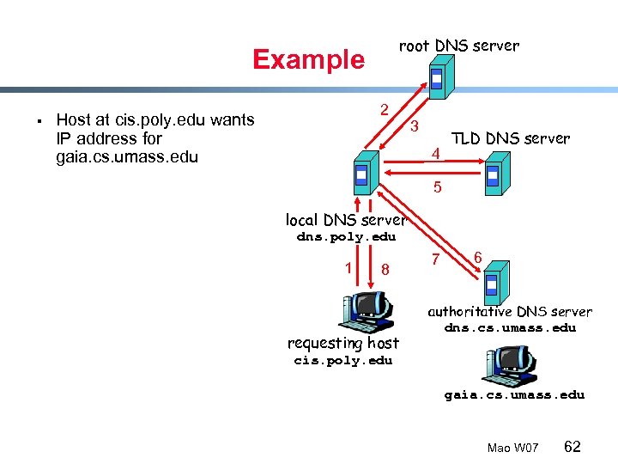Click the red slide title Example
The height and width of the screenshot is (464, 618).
pos(308,59)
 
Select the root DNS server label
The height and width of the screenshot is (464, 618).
pos(458,46)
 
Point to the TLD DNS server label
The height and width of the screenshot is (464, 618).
pos(510,138)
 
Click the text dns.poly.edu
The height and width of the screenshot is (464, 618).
pos(346,237)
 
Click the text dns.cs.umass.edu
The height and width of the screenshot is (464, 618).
pos(510,327)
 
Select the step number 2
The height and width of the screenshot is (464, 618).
pos(385,109)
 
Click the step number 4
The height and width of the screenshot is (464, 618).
pos(435,154)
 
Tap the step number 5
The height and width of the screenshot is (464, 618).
pos(438,187)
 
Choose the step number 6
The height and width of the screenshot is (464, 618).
pos(477,256)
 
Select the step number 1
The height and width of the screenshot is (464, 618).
pos(348,266)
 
